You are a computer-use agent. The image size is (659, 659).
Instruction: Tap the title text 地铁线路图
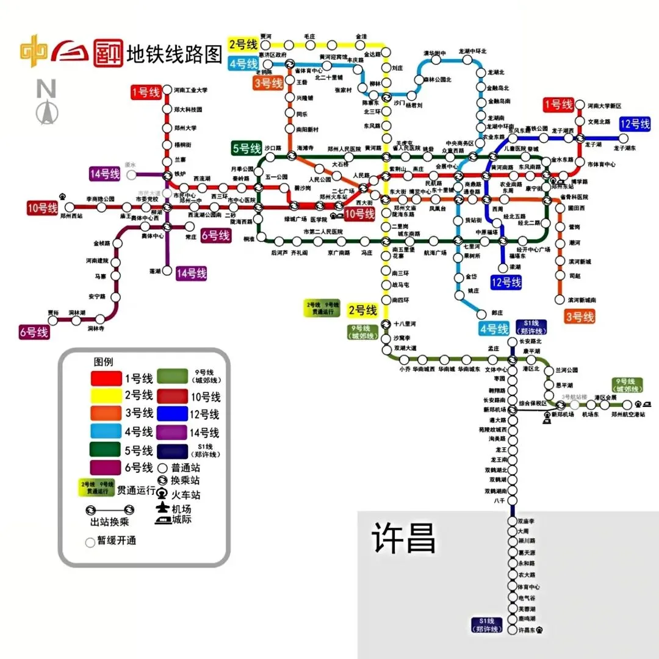click(174, 55)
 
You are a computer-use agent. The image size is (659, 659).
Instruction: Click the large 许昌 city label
click(404, 538)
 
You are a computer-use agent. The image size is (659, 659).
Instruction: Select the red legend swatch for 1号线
click(106, 378)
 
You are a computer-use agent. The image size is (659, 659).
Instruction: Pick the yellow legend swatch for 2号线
click(106, 395)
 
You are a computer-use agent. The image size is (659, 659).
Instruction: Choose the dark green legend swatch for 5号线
click(106, 450)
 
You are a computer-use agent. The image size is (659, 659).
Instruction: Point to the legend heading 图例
click(103, 361)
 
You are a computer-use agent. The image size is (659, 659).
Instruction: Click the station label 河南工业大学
click(190, 90)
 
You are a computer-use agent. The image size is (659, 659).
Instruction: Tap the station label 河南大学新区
click(604, 106)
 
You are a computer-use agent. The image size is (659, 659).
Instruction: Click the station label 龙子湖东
click(624, 148)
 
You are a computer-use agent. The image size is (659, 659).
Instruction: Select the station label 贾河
click(266, 36)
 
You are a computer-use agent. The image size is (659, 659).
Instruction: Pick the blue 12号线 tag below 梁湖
click(506, 283)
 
